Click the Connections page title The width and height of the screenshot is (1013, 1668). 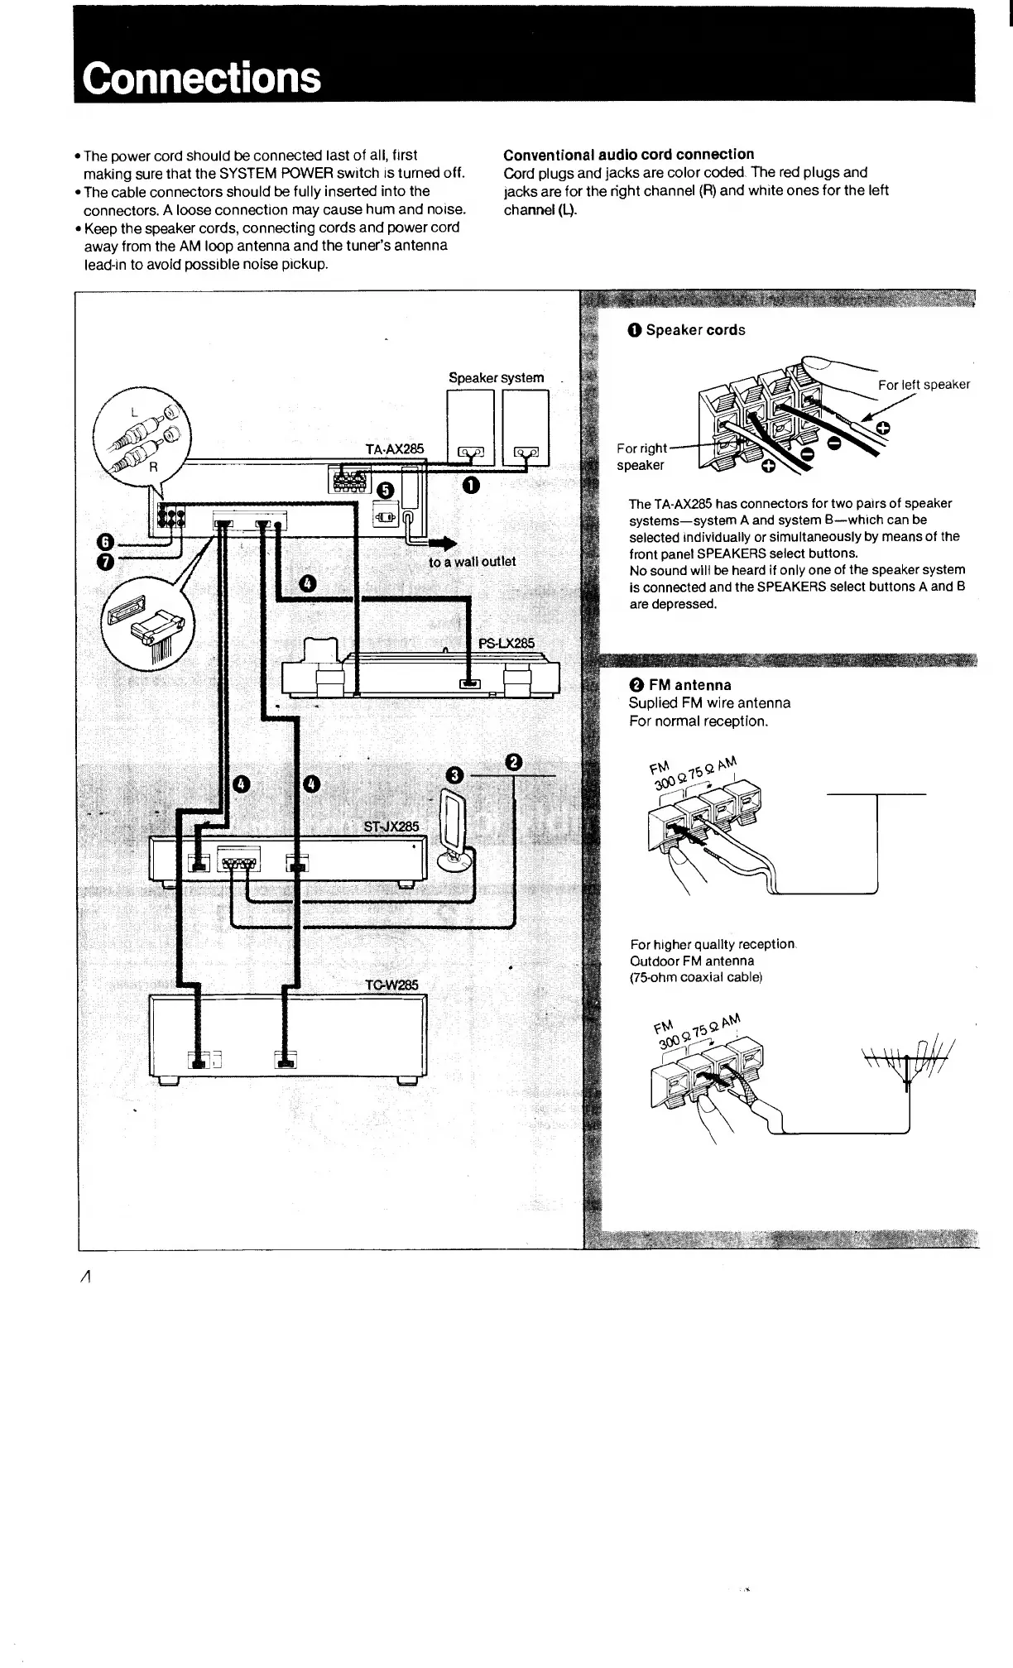[x=202, y=78]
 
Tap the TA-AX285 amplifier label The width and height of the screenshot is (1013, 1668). [x=395, y=449]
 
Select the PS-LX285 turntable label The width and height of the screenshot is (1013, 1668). [x=506, y=643]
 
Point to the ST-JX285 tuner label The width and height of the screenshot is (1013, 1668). [x=391, y=827]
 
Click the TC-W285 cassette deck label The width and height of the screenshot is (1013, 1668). [x=392, y=985]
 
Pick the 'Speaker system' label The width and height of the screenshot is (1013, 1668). [x=496, y=378]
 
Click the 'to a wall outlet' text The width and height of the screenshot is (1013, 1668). [x=472, y=562]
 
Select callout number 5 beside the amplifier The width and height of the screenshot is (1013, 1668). [x=385, y=491]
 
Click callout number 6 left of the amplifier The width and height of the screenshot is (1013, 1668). [x=104, y=542]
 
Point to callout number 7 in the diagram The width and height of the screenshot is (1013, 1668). [x=104, y=563]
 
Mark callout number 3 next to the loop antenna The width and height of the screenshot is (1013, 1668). [x=454, y=775]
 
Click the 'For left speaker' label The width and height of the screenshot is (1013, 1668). [x=924, y=385]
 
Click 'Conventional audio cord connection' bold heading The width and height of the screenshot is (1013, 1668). [x=629, y=155]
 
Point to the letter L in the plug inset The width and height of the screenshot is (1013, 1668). [x=133, y=412]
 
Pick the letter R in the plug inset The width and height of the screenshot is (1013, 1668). [x=152, y=466]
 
